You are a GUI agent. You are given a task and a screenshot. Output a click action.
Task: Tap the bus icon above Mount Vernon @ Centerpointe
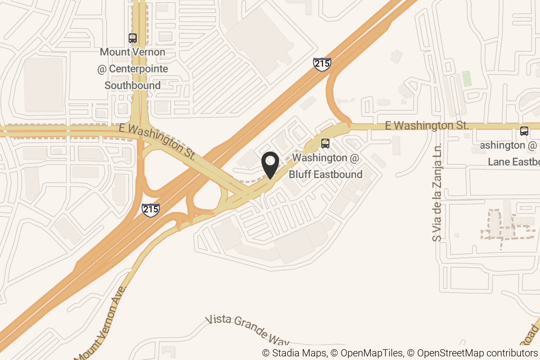point(133,38)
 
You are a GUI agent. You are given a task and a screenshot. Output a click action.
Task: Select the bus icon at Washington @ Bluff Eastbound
point(325,144)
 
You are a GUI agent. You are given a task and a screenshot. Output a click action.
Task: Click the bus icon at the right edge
point(524,131)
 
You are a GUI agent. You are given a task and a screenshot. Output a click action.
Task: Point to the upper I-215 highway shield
point(322,64)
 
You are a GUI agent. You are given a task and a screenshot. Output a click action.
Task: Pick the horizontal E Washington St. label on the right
point(427,126)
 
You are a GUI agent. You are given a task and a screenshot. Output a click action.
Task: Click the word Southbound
point(133,85)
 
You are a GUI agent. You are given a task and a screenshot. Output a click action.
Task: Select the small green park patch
point(467,78)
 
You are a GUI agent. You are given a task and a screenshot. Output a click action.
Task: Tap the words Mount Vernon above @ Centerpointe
point(133,52)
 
